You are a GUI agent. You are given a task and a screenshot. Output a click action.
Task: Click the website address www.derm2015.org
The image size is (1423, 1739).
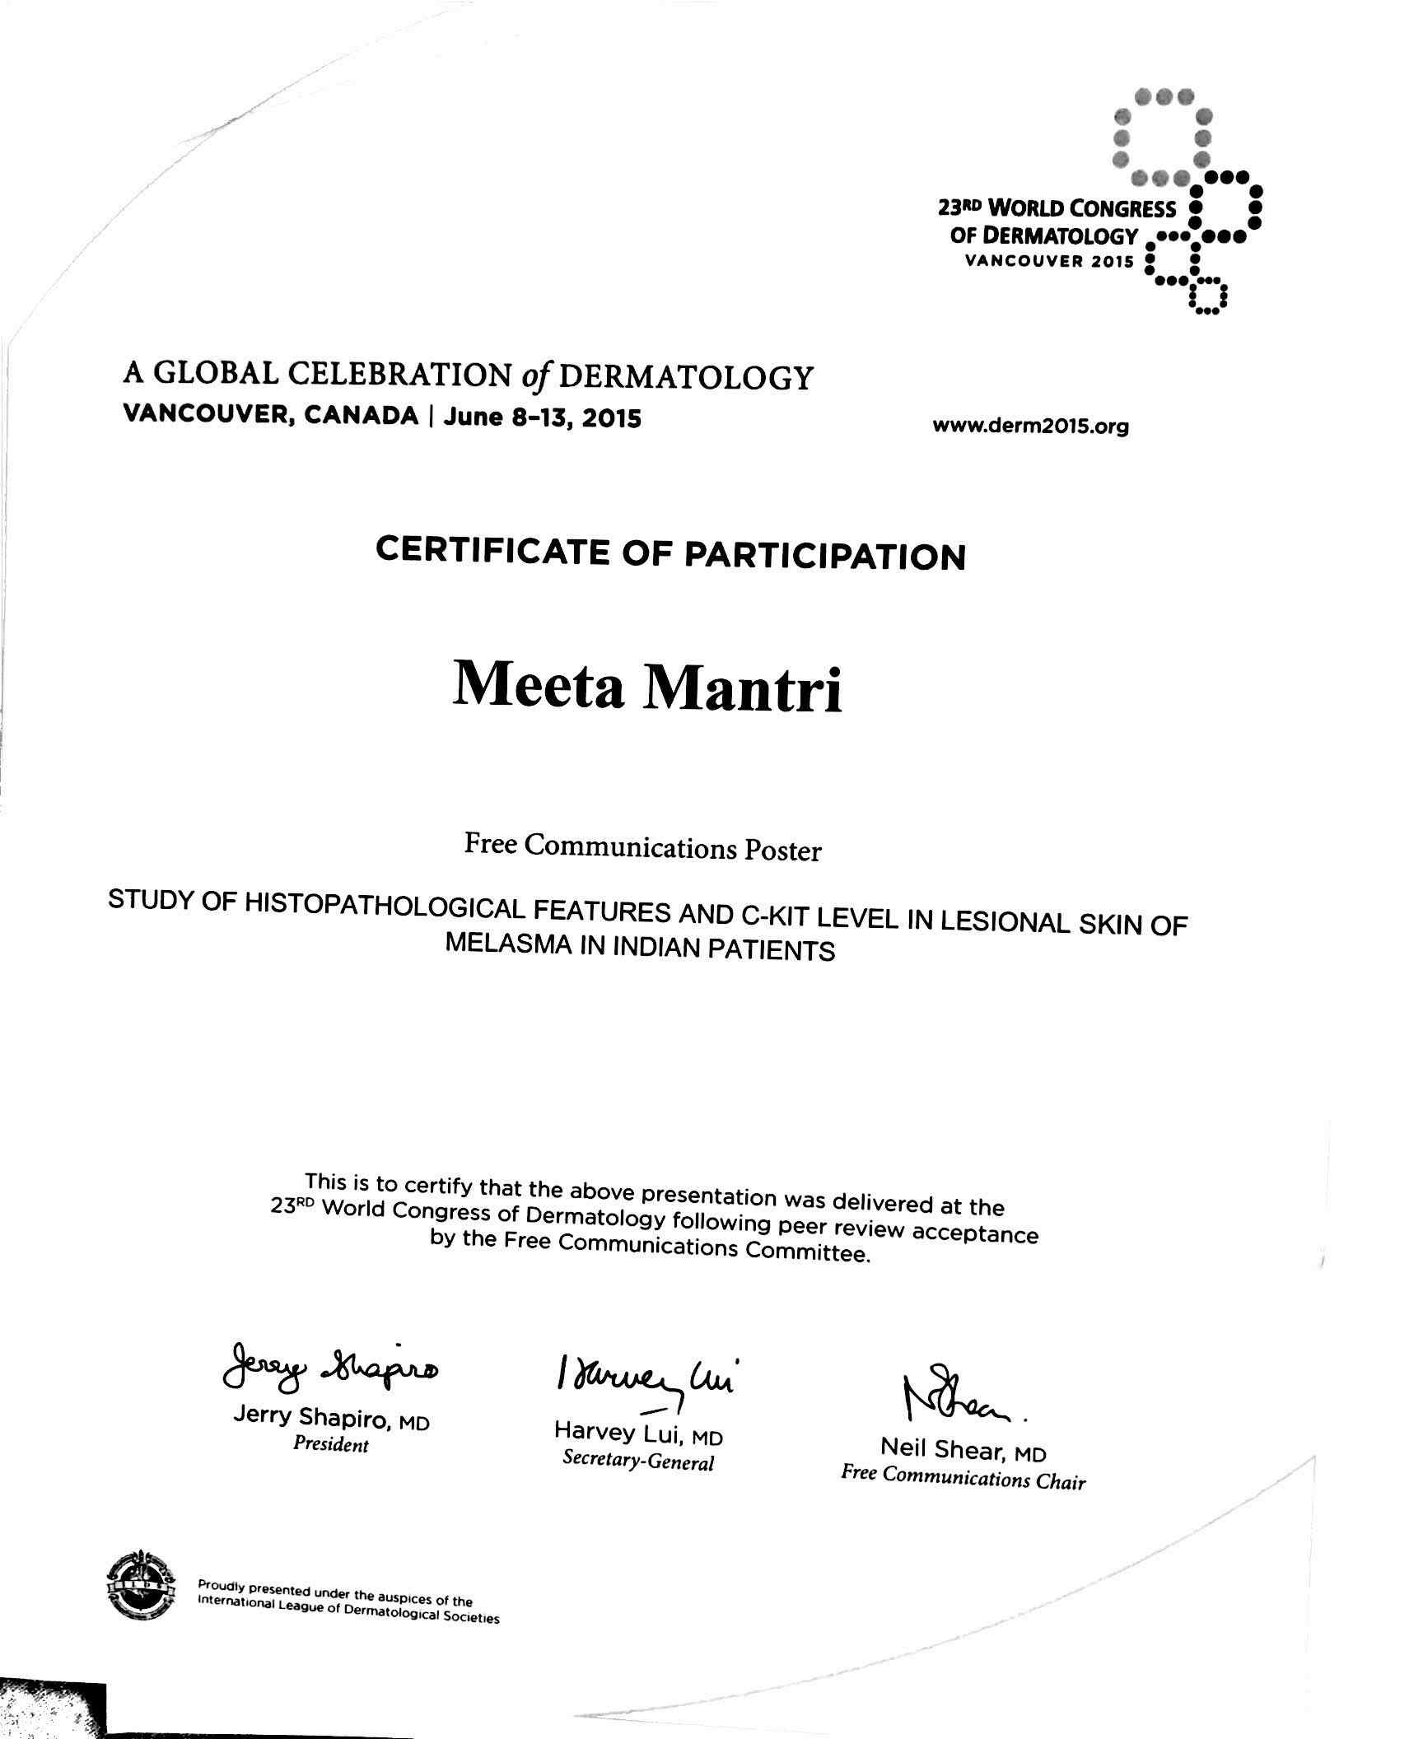coord(1030,427)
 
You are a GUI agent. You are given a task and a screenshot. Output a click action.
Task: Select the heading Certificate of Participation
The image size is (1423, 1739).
coord(670,554)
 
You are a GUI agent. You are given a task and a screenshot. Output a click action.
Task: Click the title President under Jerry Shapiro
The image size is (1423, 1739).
coord(331,1445)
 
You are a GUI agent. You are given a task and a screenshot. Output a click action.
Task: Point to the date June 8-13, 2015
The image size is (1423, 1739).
coord(542,417)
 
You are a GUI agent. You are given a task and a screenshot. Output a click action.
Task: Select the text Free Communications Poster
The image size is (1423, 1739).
coord(642,846)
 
